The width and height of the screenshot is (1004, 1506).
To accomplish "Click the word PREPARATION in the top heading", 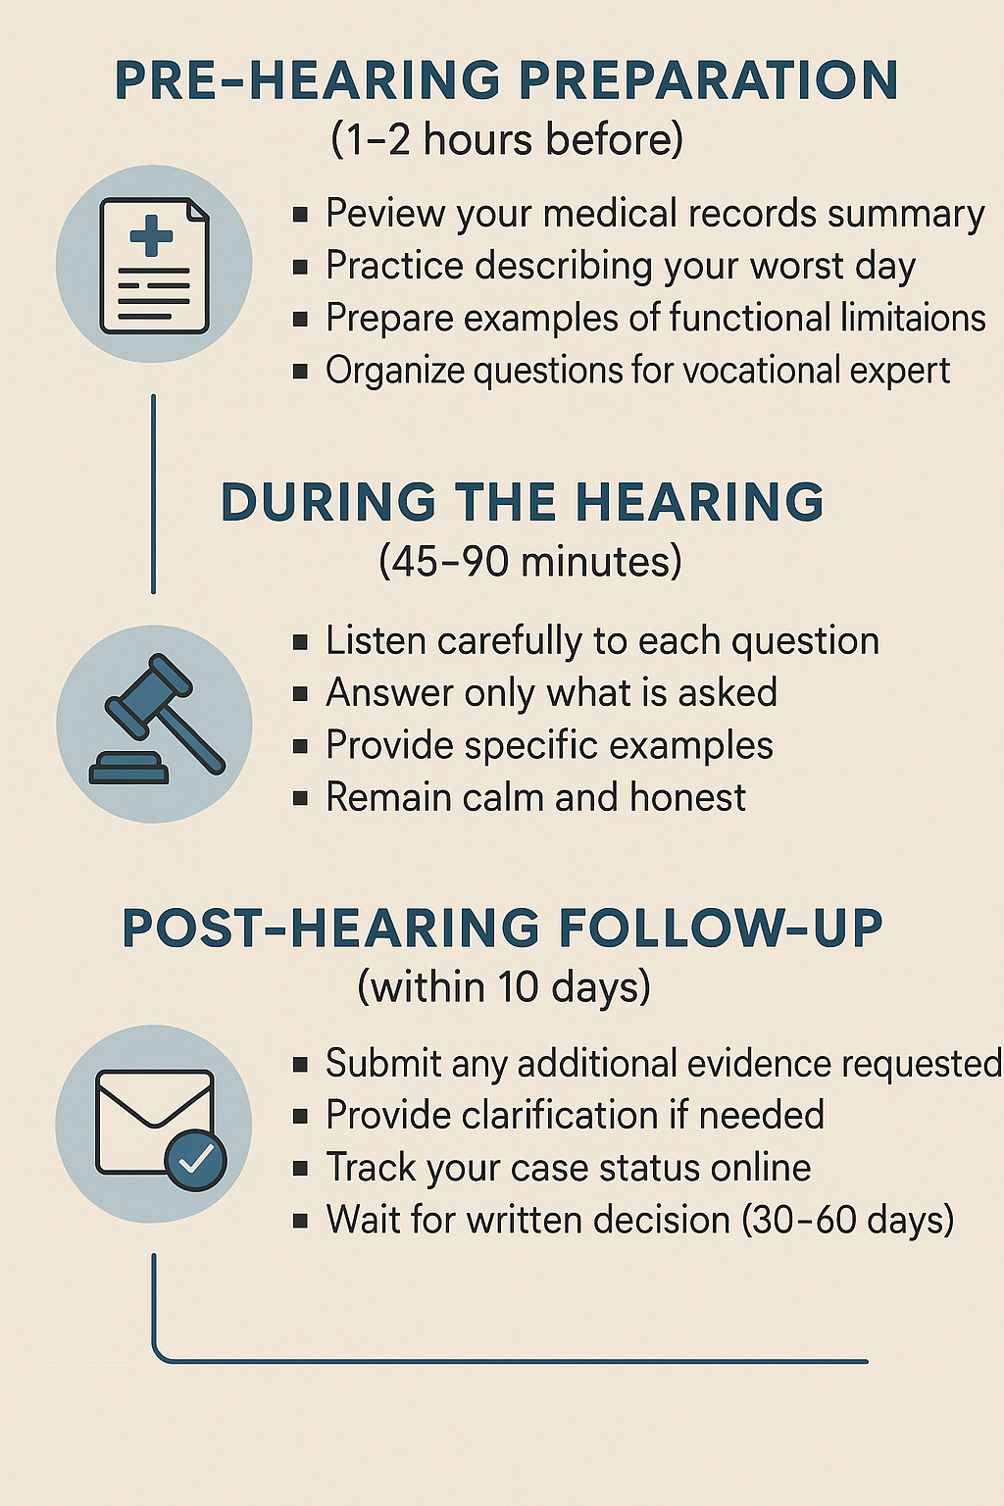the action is pyautogui.click(x=709, y=80).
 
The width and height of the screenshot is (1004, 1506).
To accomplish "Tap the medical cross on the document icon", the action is pyautogui.click(x=151, y=235).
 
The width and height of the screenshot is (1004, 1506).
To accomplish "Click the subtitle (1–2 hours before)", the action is pyautogui.click(x=507, y=139).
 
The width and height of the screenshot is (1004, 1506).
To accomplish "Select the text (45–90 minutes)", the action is pyautogui.click(x=529, y=561).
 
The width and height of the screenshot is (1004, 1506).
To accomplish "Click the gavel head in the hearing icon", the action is pyautogui.click(x=149, y=696).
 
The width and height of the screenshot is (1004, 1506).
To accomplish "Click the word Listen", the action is pyautogui.click(x=376, y=640).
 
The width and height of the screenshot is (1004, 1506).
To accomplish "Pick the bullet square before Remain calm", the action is pyautogui.click(x=301, y=798).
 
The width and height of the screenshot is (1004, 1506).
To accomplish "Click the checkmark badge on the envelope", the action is pyautogui.click(x=196, y=1160).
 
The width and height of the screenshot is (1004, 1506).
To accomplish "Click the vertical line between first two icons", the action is pyautogui.click(x=153, y=494).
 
